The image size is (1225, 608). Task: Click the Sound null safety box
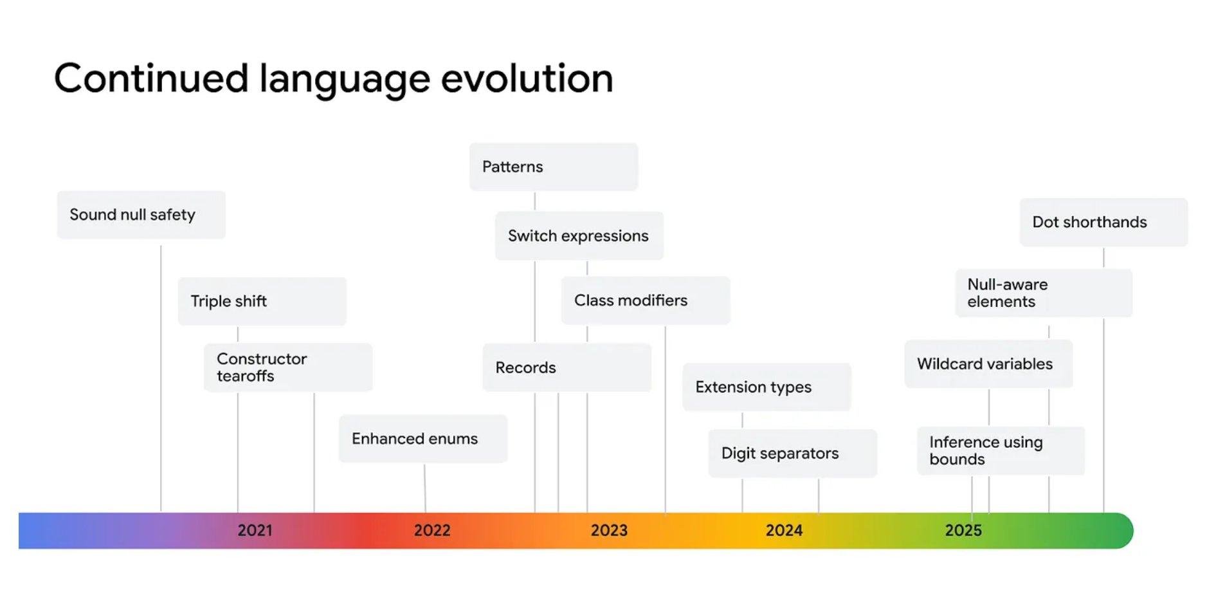[141, 215]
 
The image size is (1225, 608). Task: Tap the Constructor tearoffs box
[288, 367]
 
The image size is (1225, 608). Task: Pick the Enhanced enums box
[423, 439]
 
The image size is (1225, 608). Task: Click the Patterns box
[554, 167]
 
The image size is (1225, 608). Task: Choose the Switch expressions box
[579, 235]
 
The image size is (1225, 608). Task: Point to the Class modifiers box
[646, 300]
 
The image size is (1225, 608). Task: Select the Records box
[567, 367]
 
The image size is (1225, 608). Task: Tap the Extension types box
[767, 387]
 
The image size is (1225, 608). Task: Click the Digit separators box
[793, 454]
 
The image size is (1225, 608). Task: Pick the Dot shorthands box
[1104, 222]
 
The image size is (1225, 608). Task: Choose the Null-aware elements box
[1044, 293]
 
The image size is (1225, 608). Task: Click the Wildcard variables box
[989, 364]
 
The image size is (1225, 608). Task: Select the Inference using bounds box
[1001, 450]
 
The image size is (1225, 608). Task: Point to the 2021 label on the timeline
[255, 530]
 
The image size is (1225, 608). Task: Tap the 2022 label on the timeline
[432, 530]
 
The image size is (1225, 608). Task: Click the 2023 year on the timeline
[609, 530]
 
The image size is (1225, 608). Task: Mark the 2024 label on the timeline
[785, 530]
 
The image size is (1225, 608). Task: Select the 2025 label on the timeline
[963, 530]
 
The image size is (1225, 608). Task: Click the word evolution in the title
[527, 78]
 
